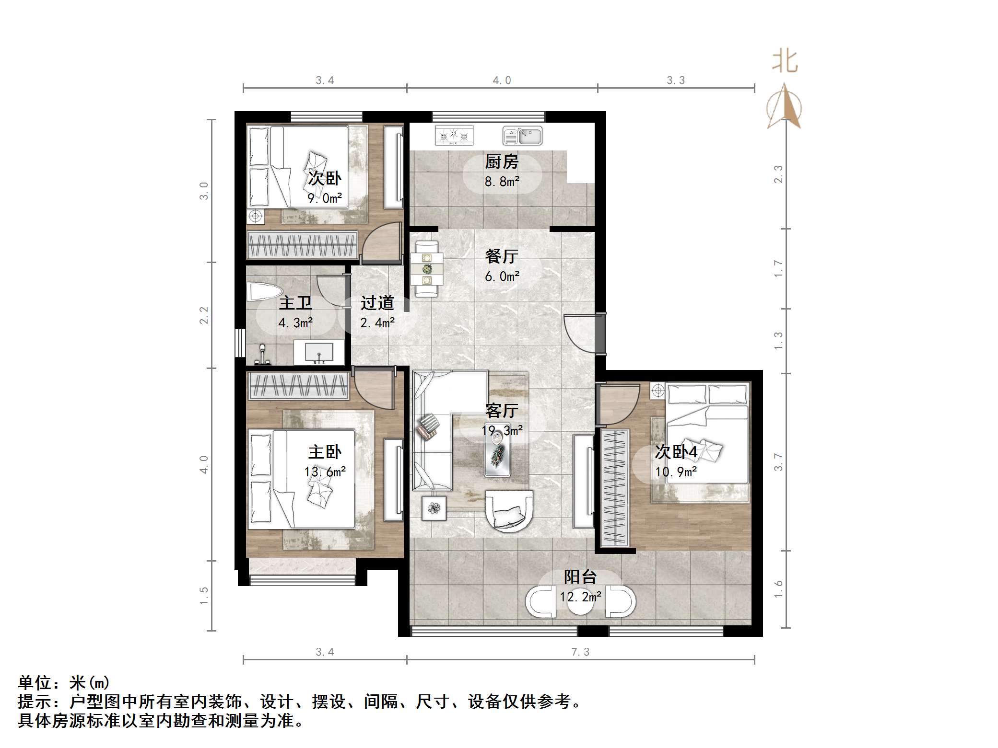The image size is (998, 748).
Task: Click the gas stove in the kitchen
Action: [454, 136]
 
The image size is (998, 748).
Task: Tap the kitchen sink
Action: [522, 136]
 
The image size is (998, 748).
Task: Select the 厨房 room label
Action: [502, 162]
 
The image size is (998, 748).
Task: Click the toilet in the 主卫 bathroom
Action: [263, 291]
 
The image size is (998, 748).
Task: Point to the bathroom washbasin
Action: [319, 353]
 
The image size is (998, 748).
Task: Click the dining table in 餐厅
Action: [427, 269]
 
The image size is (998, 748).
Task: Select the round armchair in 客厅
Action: [509, 511]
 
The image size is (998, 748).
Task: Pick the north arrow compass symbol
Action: [784, 107]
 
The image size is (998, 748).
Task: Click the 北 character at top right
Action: [785, 62]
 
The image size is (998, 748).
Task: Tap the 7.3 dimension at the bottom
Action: [580, 652]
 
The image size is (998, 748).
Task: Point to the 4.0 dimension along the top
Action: [502, 81]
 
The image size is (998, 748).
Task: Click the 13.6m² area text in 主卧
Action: [325, 472]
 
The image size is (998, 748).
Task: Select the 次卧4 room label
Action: [676, 452]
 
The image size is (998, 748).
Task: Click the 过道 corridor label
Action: [377, 303]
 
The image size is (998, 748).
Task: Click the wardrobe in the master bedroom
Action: [298, 386]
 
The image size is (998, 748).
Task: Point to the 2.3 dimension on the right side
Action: [778, 173]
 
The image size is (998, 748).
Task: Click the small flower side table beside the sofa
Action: [434, 508]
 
